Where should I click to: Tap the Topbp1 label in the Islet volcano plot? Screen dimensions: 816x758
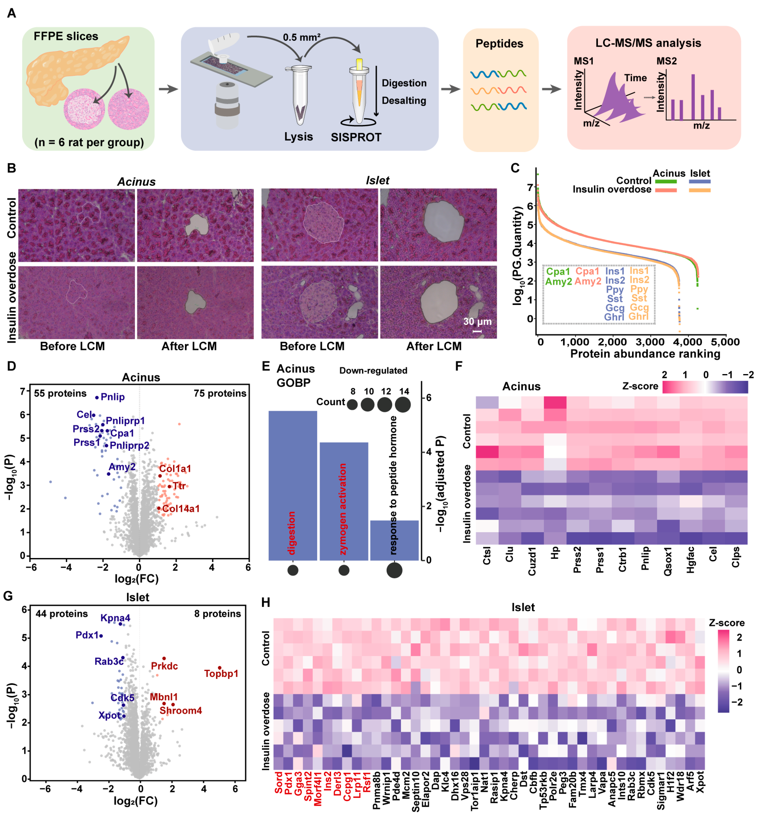point(221,673)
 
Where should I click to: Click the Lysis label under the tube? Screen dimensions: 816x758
point(299,136)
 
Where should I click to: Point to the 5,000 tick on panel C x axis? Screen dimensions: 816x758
point(725,342)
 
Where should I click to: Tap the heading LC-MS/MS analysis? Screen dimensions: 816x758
point(648,43)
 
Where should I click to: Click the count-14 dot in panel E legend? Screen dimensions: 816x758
point(403,405)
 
